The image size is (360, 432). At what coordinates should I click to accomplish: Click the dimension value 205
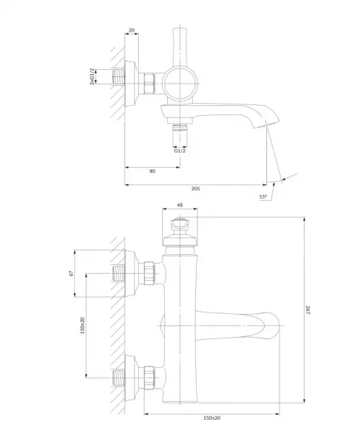pyautogui.click(x=196, y=189)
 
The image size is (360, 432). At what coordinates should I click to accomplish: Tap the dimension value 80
pyautogui.click(x=153, y=171)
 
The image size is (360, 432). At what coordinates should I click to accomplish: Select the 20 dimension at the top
pyautogui.click(x=132, y=30)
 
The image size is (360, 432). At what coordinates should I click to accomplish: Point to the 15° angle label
pyautogui.click(x=263, y=197)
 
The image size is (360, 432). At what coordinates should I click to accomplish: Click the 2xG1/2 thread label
pyautogui.click(x=92, y=76)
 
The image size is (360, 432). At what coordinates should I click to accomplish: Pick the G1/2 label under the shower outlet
pyautogui.click(x=179, y=150)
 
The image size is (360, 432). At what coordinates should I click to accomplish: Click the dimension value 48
pyautogui.click(x=180, y=205)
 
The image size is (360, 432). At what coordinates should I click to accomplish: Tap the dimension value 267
pyautogui.click(x=308, y=310)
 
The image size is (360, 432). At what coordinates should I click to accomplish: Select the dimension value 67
pyautogui.click(x=71, y=274)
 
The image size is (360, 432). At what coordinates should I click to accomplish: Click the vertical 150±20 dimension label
pyautogui.click(x=83, y=325)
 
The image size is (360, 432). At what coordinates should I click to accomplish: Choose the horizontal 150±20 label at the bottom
pyautogui.click(x=212, y=418)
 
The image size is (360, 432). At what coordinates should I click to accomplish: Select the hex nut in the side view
pyautogui.click(x=149, y=84)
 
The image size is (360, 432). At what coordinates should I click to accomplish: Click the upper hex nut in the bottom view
pyautogui.click(x=149, y=273)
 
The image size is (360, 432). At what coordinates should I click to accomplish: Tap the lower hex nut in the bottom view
pyautogui.click(x=149, y=378)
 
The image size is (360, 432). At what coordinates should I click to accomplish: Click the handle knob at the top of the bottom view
pyautogui.click(x=180, y=224)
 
